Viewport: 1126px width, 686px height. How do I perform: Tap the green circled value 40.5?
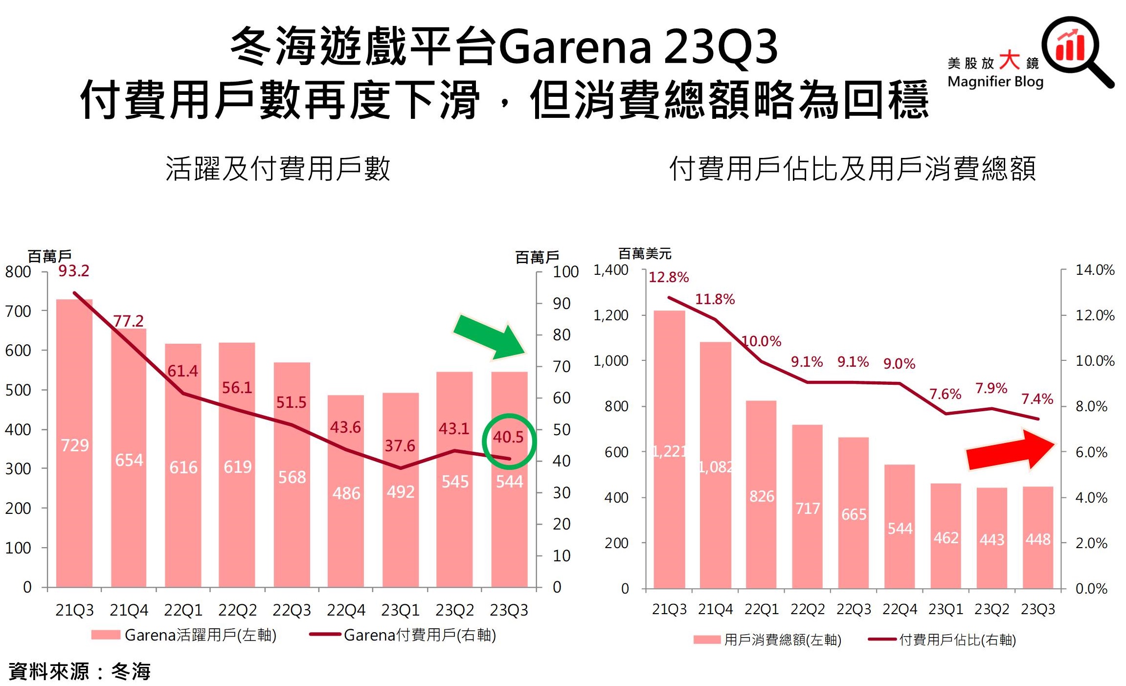tap(508, 437)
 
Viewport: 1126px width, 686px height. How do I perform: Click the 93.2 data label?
tap(74, 271)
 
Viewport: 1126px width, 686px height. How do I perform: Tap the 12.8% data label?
tap(668, 277)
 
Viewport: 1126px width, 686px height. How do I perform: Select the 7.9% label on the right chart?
tap(991, 388)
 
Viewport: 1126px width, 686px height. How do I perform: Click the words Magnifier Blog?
tap(995, 82)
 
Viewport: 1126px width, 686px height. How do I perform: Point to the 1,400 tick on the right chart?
tap(611, 270)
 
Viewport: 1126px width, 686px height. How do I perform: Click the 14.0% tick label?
tap(1095, 270)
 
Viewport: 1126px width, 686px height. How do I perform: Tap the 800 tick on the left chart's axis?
tap(18, 272)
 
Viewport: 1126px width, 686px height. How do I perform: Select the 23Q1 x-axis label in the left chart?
tap(401, 610)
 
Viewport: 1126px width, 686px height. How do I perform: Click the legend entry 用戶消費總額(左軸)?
tap(782, 640)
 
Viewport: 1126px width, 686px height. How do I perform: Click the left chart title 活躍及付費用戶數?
tap(278, 169)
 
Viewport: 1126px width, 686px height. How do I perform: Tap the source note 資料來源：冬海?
tap(80, 671)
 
